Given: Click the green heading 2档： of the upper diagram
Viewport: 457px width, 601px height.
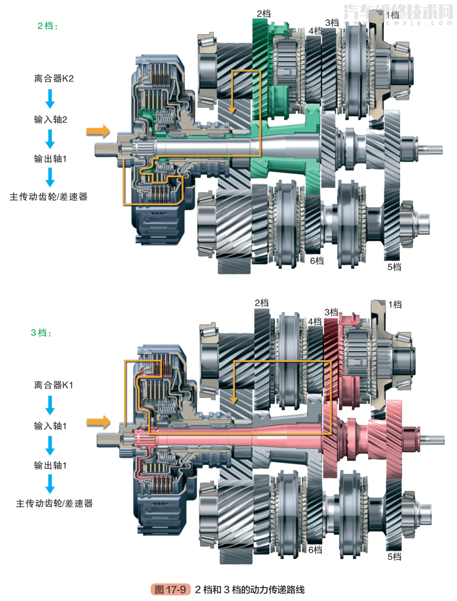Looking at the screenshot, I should click(48, 26).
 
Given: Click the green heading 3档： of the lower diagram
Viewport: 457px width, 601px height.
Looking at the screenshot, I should click(41, 332).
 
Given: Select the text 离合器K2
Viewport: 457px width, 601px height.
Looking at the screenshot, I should click(54, 78).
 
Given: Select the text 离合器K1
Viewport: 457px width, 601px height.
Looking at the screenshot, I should click(54, 385).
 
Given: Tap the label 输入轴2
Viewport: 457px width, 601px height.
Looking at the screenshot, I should click(51, 119).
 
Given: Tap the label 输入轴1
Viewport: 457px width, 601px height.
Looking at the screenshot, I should click(51, 426).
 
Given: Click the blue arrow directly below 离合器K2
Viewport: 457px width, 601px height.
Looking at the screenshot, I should click(50, 99).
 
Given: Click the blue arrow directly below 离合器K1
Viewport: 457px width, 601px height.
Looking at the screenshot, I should click(50, 405).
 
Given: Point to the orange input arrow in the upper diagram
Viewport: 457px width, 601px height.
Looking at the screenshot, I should click(98, 131).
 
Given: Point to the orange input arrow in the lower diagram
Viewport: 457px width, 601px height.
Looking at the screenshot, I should click(98, 422).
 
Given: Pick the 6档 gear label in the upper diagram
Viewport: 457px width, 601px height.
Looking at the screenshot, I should click(317, 261).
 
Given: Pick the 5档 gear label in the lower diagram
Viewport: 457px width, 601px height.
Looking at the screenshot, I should click(394, 557).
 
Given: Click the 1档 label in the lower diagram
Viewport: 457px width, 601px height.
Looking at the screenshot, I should click(394, 304).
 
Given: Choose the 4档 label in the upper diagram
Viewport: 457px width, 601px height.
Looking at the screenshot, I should click(315, 31).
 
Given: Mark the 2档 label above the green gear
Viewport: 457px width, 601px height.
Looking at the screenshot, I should click(263, 14).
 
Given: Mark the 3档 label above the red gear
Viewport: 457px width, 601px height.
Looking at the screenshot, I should click(331, 312).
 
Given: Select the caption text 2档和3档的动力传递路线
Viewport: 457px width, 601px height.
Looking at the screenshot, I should click(250, 589).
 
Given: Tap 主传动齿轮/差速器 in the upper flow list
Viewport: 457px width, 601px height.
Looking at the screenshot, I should click(49, 196).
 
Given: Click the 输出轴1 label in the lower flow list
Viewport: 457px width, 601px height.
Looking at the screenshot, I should click(51, 466).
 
